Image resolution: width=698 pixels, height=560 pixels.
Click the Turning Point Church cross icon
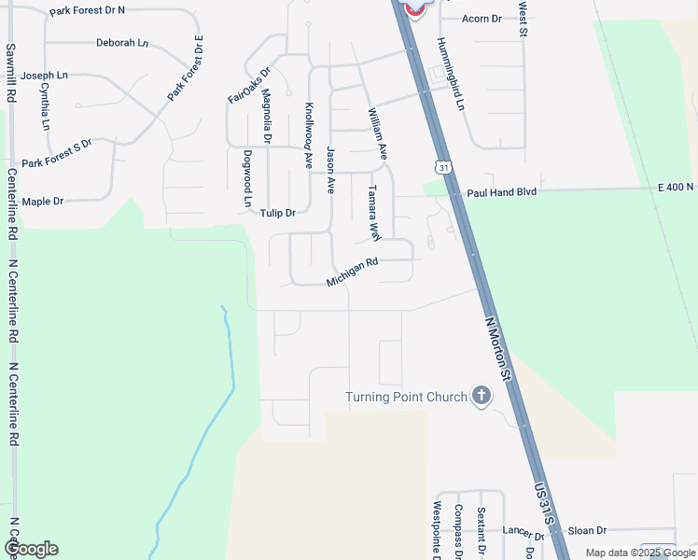point(482,397)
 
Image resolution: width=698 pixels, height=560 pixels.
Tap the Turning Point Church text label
point(406,398)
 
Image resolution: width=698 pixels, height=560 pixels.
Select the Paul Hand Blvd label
point(502,191)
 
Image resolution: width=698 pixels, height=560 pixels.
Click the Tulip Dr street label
point(277,213)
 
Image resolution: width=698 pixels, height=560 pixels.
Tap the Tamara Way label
point(373,212)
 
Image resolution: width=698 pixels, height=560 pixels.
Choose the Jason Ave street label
point(330,169)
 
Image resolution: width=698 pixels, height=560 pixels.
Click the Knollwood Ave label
point(309,134)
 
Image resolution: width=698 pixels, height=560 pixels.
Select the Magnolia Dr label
point(267,116)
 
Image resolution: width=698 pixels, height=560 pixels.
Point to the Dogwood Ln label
point(247,178)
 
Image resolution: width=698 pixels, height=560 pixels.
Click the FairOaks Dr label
point(248,85)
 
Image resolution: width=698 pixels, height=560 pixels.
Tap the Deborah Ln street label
point(122,43)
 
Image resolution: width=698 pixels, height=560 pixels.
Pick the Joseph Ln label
point(45,75)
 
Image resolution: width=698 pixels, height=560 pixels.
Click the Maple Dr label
point(42,201)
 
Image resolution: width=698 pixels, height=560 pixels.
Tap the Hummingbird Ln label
point(448,74)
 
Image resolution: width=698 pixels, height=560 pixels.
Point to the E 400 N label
point(676,188)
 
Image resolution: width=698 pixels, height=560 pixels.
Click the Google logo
point(31,549)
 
